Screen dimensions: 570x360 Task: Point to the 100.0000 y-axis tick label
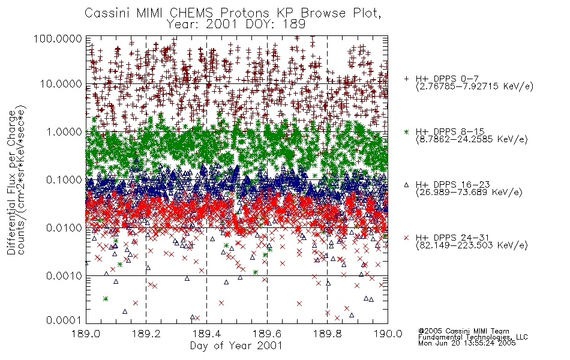point(58,38)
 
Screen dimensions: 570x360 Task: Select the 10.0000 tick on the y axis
point(61,84)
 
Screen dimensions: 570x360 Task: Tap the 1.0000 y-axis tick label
point(64,131)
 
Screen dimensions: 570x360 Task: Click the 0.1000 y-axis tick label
point(64,179)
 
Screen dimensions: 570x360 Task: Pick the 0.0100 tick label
point(64,228)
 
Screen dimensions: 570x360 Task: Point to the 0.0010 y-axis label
point(64,276)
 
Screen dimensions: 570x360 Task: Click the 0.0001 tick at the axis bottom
point(64,320)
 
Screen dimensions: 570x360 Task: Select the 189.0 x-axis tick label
point(86,334)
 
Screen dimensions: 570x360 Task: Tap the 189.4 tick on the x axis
point(207,334)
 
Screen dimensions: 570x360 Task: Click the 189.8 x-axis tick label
point(328,334)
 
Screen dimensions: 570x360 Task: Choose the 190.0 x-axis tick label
point(388,334)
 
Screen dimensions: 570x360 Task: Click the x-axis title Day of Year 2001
point(236,346)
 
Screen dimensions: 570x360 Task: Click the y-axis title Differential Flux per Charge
point(11,182)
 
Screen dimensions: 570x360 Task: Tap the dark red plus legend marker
point(406,79)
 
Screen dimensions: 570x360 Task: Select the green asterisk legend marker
point(406,131)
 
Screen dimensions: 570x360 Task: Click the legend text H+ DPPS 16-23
point(453,185)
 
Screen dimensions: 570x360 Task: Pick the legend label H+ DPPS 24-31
point(453,238)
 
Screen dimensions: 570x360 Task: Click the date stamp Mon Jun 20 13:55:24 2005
point(467,343)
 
